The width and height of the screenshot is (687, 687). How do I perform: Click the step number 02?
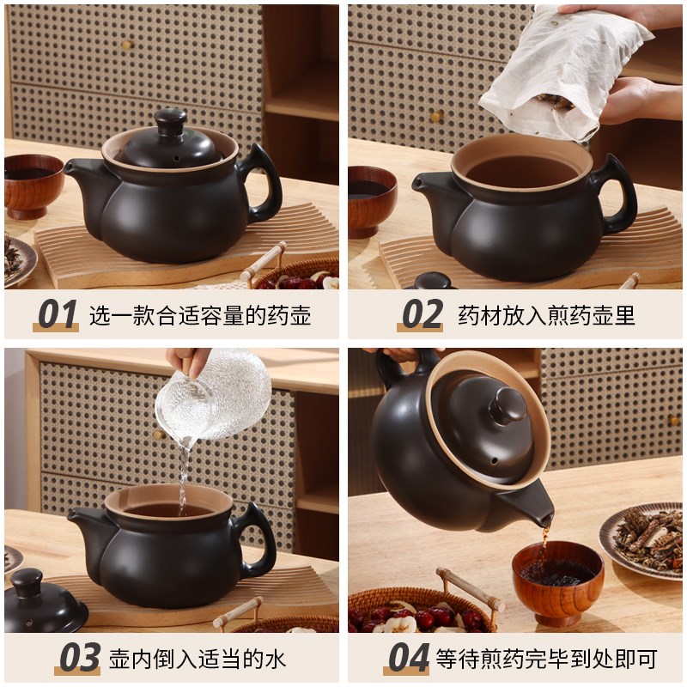pyautogui.click(x=422, y=315)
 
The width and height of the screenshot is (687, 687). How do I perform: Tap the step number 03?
pyautogui.click(x=79, y=659)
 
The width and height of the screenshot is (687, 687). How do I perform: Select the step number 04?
pyautogui.click(x=408, y=659)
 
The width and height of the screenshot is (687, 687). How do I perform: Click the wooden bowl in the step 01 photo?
pyautogui.click(x=33, y=185)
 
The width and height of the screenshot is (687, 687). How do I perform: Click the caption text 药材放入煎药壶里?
pyautogui.click(x=546, y=315)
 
